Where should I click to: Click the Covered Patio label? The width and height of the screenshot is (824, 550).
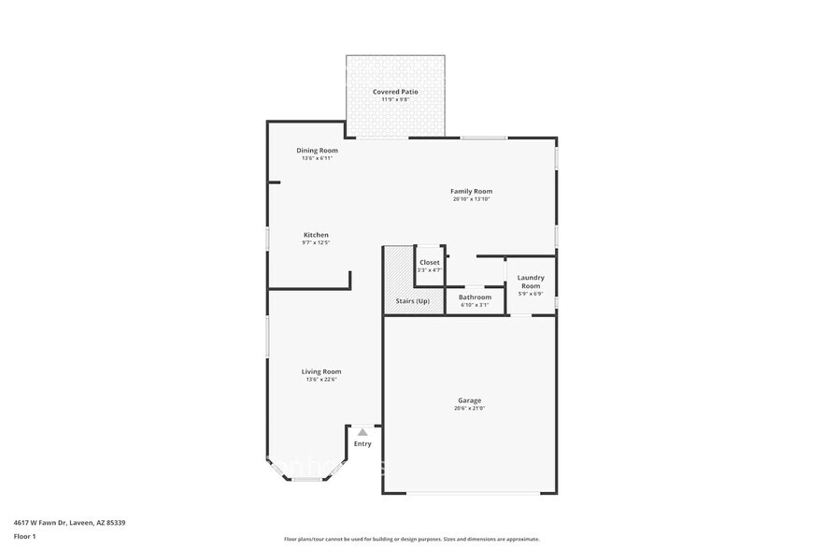pos(395,92)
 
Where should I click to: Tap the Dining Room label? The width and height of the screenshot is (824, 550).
pos(317,151)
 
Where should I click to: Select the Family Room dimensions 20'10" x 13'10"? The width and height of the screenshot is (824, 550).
pos(471,199)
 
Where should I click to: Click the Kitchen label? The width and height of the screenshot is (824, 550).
pos(316,235)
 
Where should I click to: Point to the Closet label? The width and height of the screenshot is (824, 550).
pos(430,263)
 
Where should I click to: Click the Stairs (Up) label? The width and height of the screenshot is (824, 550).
pos(413,300)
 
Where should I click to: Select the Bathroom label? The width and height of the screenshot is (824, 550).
pos(475,297)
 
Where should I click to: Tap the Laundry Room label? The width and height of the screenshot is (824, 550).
pos(531,282)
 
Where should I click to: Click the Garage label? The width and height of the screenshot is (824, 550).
pos(469,400)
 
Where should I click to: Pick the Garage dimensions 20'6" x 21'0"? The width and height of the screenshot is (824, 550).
pos(469,408)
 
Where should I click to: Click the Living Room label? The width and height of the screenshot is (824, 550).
pos(320,371)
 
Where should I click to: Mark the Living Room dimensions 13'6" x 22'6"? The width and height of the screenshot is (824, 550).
pos(320,379)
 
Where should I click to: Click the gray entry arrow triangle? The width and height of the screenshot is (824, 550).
pos(362,432)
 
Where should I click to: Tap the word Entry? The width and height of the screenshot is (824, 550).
pos(362,443)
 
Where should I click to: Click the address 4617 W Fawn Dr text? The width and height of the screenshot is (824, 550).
pos(69,523)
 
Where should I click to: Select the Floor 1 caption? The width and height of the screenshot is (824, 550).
pos(24,536)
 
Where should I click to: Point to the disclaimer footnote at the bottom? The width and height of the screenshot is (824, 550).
pos(411,539)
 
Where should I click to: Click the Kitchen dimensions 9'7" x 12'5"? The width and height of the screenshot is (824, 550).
pos(316,242)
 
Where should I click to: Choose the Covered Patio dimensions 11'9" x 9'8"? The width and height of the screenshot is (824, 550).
pos(395,99)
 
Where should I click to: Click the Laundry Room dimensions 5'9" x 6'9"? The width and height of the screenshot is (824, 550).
pos(531,294)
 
